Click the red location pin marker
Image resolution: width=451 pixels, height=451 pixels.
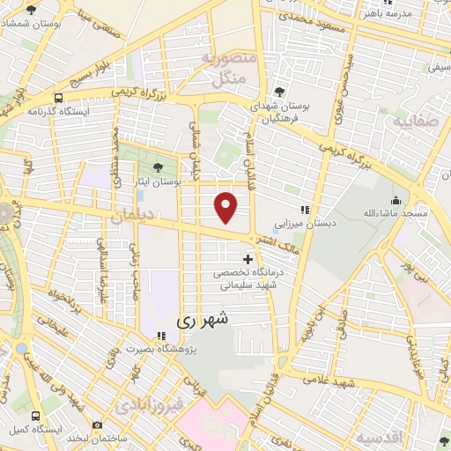click(226, 207)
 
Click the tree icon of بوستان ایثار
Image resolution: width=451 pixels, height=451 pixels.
click(158, 166)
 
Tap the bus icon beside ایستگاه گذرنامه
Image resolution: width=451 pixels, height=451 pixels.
click(58, 99)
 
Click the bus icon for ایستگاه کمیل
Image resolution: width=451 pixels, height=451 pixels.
click(33, 414)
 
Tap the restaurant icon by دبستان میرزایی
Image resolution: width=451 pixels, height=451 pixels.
click(305, 210)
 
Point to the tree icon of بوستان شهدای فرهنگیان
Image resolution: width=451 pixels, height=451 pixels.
click(280, 91)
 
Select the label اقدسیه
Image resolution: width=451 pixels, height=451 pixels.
click(379, 438)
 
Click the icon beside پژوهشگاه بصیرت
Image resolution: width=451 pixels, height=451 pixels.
click(160, 336)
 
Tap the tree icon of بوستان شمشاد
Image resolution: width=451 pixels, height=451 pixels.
click(32, 10)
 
